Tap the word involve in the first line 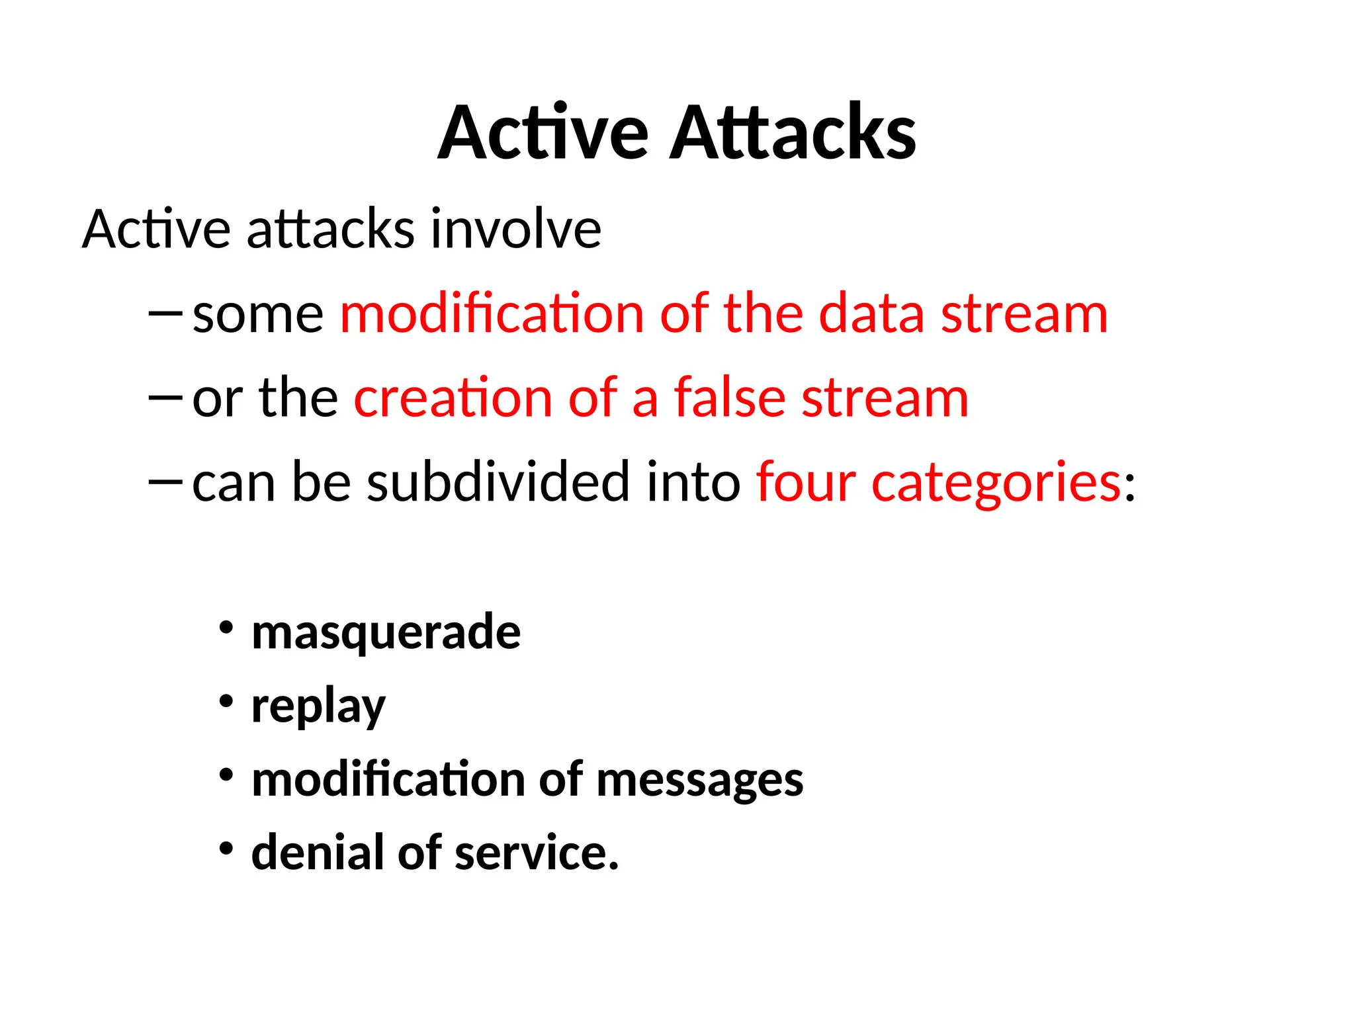[515, 230]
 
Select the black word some [258, 315]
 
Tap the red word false [730, 398]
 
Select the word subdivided [498, 482]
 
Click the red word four [806, 482]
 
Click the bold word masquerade [386, 633]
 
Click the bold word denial [317, 853]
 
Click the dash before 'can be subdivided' [165, 482]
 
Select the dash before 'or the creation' [165, 398]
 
